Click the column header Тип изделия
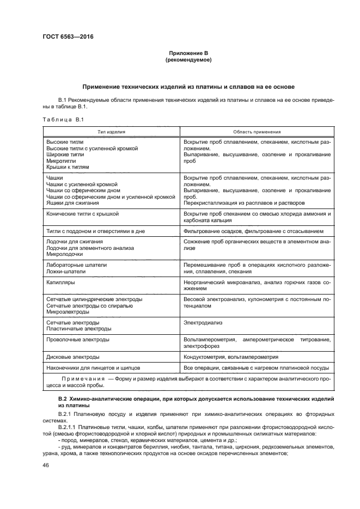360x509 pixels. [111, 132]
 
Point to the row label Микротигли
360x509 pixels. [61, 161]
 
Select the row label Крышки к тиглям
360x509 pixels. [68, 168]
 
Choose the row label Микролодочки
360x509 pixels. [65, 254]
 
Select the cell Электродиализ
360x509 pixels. [200, 322]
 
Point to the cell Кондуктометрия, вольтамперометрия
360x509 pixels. [231, 357]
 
